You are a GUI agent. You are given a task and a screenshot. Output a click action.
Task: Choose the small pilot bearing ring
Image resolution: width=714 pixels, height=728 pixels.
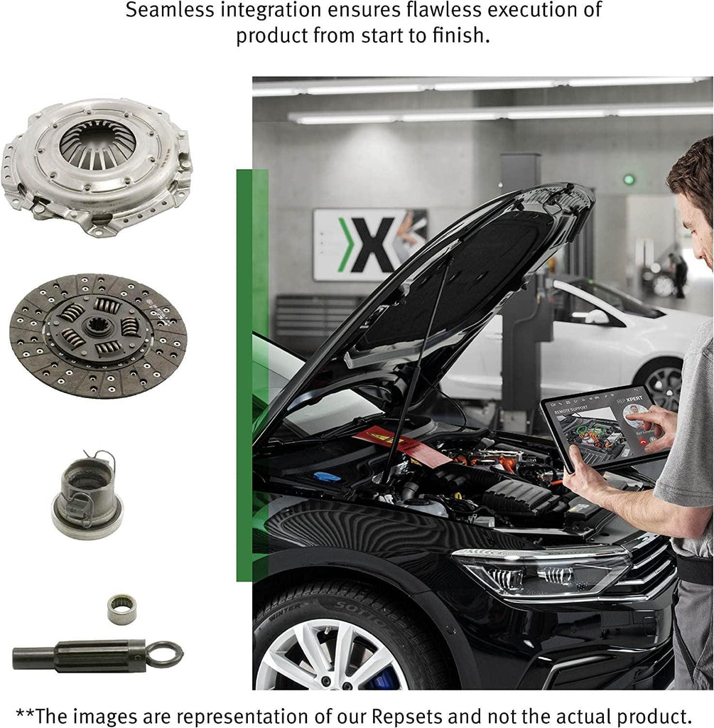pyautogui.click(x=121, y=609)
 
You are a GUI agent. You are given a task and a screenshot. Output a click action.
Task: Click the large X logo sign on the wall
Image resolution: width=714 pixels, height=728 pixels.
pyautogui.click(x=370, y=244)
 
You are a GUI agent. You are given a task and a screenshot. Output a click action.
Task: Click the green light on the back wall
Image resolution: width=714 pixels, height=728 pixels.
pyautogui.click(x=629, y=179)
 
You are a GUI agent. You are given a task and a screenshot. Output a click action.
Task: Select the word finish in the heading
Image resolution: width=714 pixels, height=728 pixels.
pyautogui.click(x=453, y=36)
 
